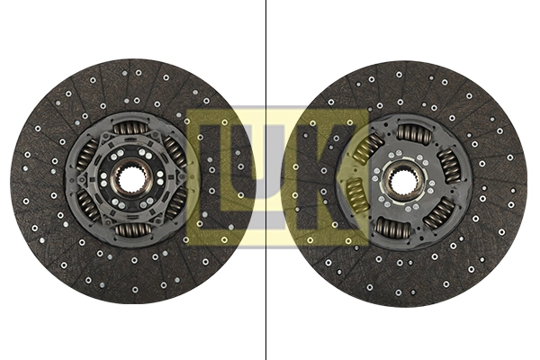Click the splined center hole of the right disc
pyautogui.click(x=402, y=180)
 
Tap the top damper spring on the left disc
pyautogui.click(x=129, y=129)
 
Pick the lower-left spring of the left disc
pyautogui.click(x=88, y=205)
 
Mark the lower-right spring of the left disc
pyautogui.click(x=175, y=204)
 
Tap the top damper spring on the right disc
pyautogui.click(x=415, y=133)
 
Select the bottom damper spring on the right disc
pyautogui.click(x=392, y=228)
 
